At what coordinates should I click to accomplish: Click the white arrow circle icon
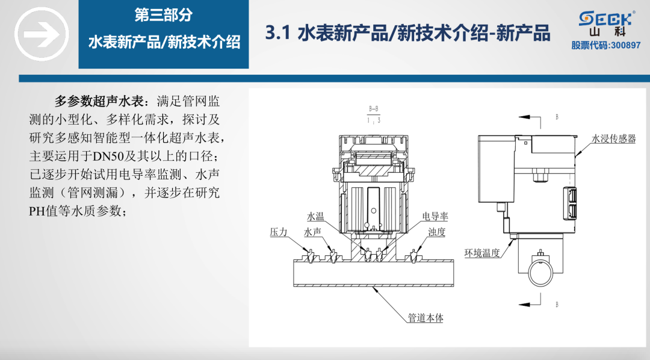pyautogui.click(x=38, y=34)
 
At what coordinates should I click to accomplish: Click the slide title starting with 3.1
pyautogui.click(x=407, y=34)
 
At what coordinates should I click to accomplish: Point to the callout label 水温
pyautogui.click(x=315, y=217)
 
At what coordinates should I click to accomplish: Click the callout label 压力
pyautogui.click(x=279, y=232)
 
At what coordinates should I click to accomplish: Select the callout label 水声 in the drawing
pyautogui.click(x=313, y=232)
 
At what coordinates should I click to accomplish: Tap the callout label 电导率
pyautogui.click(x=435, y=217)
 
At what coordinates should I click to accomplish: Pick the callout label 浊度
pyautogui.click(x=436, y=232)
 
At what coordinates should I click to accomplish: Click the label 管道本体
pyautogui.click(x=426, y=318)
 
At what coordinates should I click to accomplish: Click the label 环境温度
pyautogui.click(x=482, y=253)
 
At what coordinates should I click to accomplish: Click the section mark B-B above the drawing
pyautogui.click(x=374, y=110)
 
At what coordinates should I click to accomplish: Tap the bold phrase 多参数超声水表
pyautogui.click(x=97, y=100)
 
